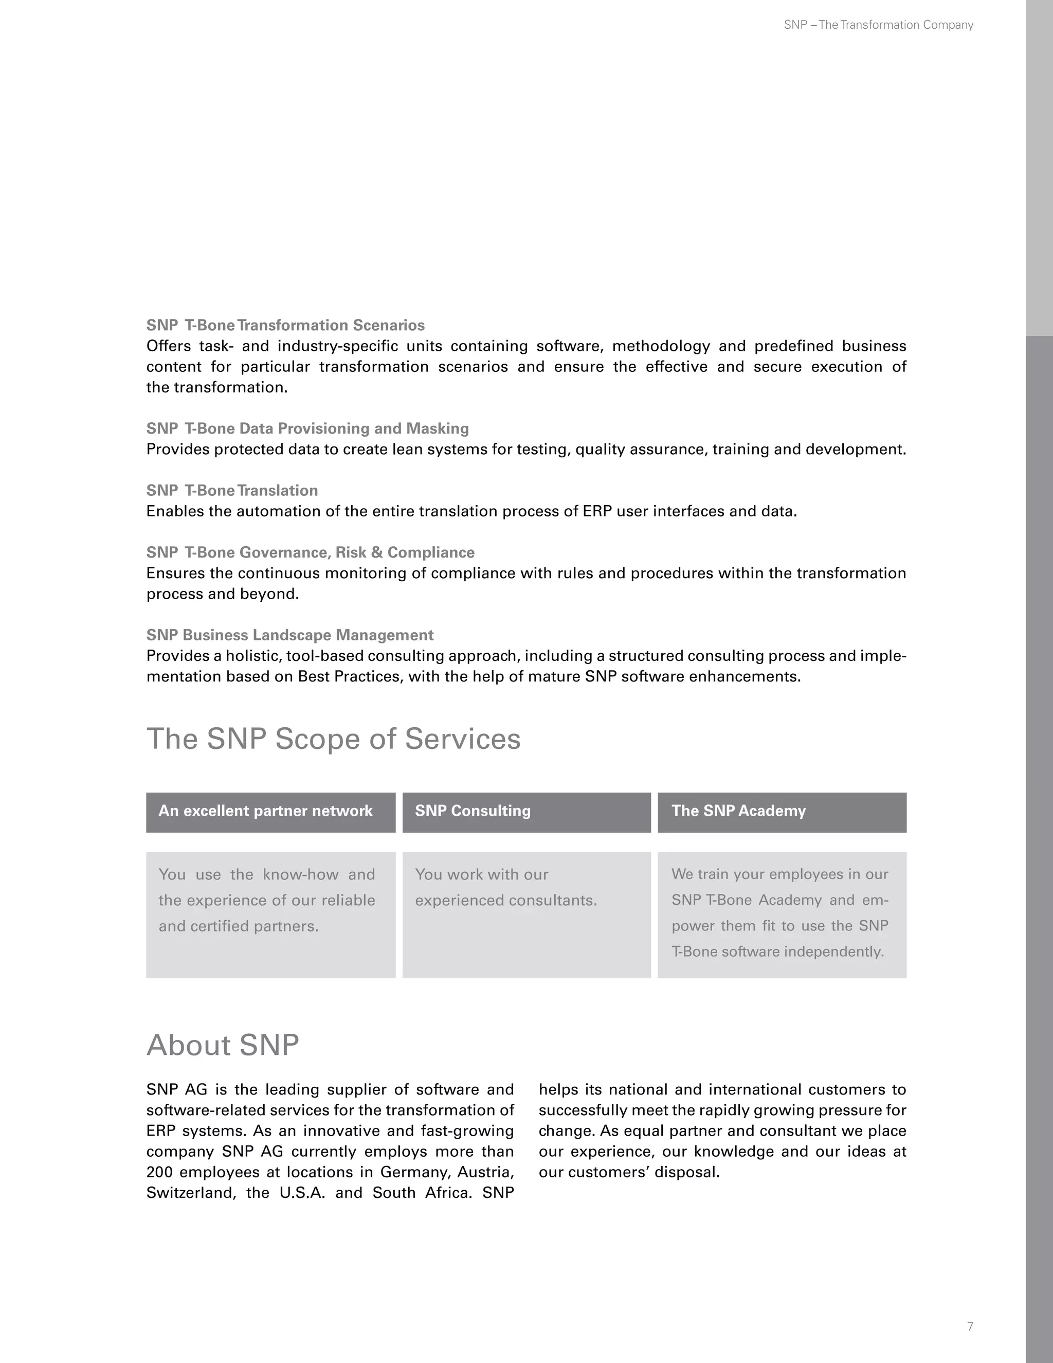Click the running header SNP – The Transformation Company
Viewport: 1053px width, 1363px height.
(x=878, y=25)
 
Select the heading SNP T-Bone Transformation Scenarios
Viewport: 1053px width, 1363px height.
(x=285, y=325)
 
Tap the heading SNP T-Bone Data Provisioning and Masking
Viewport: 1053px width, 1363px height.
(x=307, y=428)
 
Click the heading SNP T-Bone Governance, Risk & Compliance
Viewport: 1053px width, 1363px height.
(x=310, y=552)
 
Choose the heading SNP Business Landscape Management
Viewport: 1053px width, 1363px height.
(x=289, y=635)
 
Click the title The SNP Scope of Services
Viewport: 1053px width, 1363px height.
(x=333, y=739)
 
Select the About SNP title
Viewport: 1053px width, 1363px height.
(x=223, y=1045)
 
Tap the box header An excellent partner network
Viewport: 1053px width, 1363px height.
(x=265, y=811)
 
